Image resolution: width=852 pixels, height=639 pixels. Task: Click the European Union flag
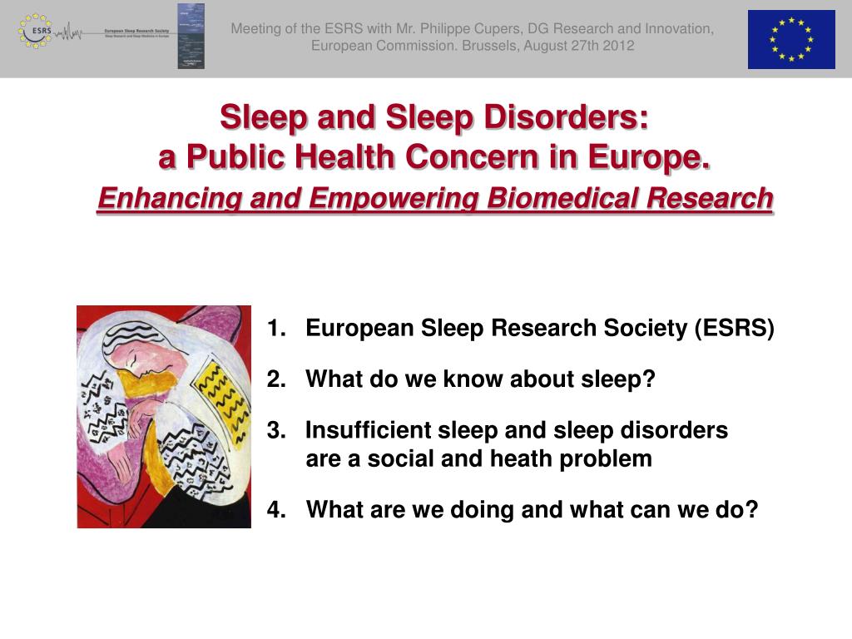point(790,39)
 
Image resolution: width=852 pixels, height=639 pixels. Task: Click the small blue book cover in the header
point(191,36)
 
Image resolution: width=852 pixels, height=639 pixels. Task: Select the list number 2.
point(275,379)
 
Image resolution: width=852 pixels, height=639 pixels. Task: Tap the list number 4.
point(275,509)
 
